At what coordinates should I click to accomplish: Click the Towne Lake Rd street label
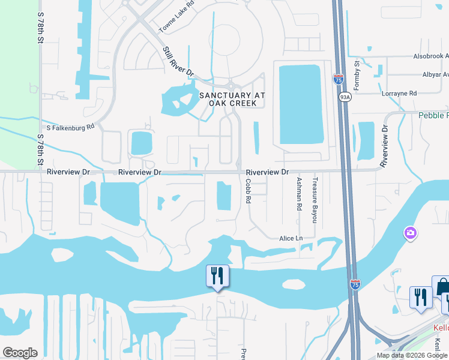click(177, 16)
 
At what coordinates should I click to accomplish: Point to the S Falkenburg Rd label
click(71, 127)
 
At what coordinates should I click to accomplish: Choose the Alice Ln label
click(291, 238)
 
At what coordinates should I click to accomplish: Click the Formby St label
click(357, 76)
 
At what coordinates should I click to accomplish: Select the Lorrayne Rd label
click(399, 94)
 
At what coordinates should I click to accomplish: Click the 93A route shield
click(345, 97)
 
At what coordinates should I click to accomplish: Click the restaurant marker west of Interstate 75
click(215, 276)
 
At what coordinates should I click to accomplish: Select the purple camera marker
click(410, 232)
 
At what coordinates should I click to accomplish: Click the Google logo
click(20, 353)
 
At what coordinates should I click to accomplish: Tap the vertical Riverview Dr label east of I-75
click(384, 147)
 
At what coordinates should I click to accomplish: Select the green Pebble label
click(433, 115)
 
